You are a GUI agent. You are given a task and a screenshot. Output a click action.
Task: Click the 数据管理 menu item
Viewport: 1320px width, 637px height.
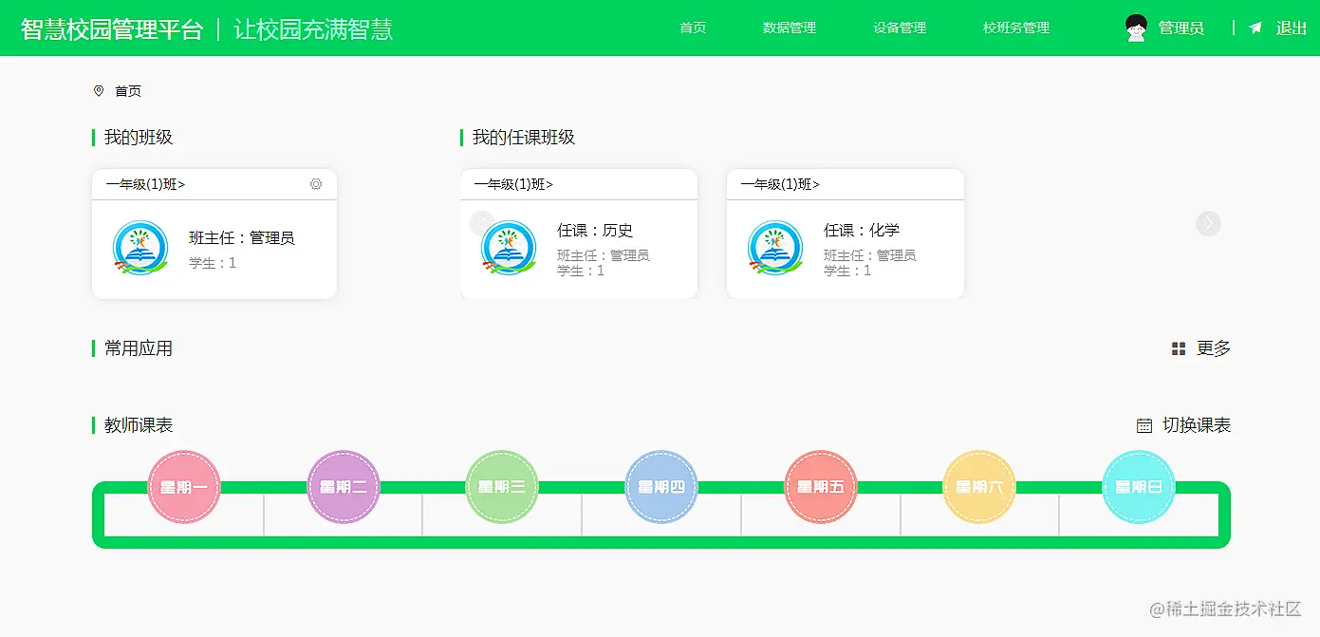pos(789,28)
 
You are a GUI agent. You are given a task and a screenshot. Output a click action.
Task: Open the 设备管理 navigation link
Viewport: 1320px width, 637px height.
pos(899,28)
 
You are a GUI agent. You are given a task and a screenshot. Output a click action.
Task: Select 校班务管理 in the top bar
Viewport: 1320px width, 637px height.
pos(1015,28)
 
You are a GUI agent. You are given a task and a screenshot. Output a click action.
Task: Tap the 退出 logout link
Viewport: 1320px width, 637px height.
pos(1291,28)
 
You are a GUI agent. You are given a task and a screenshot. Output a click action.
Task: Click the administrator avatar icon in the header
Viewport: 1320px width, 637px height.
pos(1136,28)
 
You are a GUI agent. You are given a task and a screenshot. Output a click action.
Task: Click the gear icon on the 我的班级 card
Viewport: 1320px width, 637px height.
pos(316,184)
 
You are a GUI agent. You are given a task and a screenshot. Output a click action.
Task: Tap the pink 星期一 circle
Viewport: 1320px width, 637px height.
pos(184,487)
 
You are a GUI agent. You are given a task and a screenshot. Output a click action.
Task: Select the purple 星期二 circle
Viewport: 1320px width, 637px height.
pos(344,487)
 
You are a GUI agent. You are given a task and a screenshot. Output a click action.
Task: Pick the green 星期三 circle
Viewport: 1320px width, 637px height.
pos(502,487)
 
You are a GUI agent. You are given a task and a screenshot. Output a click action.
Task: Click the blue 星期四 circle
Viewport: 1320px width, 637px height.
pos(661,487)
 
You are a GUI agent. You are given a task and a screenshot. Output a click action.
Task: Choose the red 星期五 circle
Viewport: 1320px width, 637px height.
pos(821,487)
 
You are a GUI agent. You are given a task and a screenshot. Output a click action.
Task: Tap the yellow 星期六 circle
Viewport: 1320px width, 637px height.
pos(979,487)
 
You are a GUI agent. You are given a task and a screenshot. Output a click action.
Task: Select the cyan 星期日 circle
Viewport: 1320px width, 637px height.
pos(1139,487)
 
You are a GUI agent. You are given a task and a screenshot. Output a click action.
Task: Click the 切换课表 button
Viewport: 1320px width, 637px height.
pos(1184,425)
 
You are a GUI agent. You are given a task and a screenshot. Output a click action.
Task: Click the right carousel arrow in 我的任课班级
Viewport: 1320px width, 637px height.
pos(1208,223)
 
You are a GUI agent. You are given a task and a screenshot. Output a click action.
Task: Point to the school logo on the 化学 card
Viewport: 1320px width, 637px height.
pos(775,249)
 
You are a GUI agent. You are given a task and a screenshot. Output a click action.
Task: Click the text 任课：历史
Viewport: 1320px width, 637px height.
pos(595,231)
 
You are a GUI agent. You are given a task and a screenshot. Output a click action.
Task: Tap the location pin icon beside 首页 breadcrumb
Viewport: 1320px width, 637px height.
pos(99,91)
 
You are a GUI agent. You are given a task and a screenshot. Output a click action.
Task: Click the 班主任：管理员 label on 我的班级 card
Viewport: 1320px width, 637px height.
pos(241,238)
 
